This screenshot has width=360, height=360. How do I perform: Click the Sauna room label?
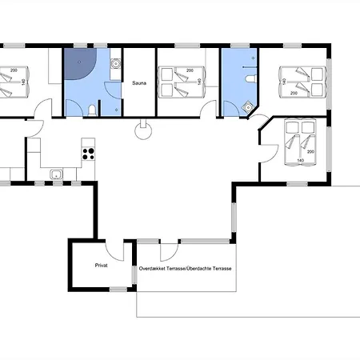pos(139,83)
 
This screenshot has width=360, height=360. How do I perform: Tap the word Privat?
pos(102,266)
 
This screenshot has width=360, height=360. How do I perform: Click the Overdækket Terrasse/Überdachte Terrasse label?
pos(185,269)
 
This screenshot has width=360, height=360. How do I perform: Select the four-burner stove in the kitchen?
pos(88,154)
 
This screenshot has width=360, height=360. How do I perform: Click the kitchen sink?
pos(56,174)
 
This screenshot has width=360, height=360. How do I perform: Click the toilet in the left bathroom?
pos(92,110)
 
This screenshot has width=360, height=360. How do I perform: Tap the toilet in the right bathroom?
pos(250,78)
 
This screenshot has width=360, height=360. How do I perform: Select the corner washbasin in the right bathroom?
pos(249,107)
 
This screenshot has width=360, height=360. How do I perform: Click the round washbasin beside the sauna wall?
pos(115,64)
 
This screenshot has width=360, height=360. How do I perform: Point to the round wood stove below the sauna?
pos(143,130)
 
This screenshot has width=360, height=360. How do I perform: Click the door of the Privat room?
pos(114,250)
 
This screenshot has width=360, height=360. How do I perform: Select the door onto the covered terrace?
pos(169,252)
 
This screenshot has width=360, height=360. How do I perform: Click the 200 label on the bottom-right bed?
pos(310,152)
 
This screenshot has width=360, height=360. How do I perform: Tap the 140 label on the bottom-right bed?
pos(301,160)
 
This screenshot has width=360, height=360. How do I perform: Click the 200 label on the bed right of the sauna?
pos(190,70)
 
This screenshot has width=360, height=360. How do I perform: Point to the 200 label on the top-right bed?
pos(294,93)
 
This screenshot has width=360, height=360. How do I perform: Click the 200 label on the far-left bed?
pos(14,70)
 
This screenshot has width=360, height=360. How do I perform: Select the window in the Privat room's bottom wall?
pos(118,289)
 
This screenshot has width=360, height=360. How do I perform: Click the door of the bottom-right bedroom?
pos(270,154)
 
